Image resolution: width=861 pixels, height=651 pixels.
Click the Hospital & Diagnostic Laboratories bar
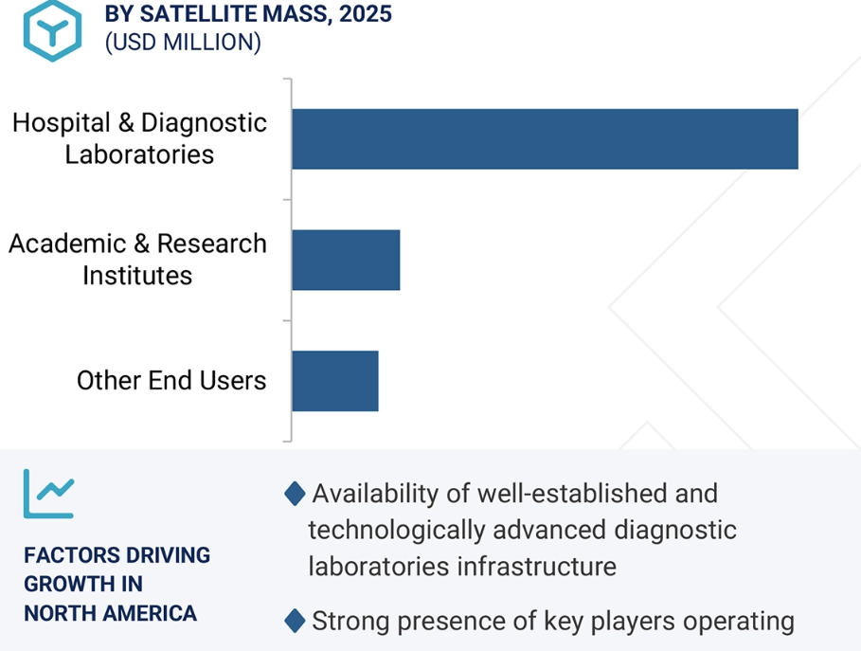(545, 139)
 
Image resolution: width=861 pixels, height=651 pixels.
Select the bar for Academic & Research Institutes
(346, 260)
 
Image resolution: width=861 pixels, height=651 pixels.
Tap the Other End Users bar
(334, 381)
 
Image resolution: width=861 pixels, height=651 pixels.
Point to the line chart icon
(48, 494)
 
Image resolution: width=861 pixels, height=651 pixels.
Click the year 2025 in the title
(365, 14)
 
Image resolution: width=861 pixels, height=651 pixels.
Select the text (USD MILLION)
(183, 43)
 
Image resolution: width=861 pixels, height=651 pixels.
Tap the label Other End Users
(171, 381)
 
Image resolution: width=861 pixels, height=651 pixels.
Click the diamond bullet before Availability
(296, 494)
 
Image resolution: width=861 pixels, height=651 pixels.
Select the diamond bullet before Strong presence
(296, 622)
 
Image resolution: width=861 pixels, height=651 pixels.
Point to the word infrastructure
(536, 567)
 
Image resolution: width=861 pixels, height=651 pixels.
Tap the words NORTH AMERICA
(111, 613)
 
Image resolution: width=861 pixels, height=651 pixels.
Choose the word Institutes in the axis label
(137, 276)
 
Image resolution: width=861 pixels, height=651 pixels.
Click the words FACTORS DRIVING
(117, 555)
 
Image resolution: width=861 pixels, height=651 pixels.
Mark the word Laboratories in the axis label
(139, 154)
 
